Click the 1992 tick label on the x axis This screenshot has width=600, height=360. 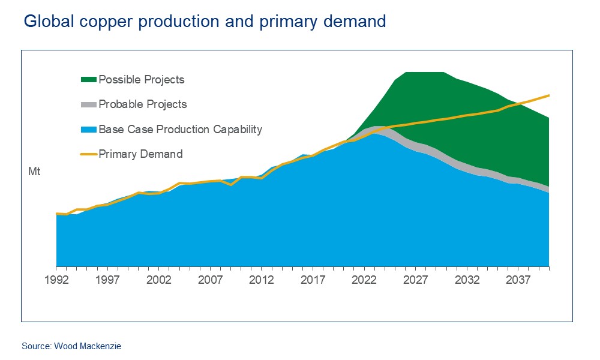pyautogui.click(x=56, y=280)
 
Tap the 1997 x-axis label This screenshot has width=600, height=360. pyautogui.click(x=107, y=280)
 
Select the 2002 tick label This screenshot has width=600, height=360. pyautogui.click(x=159, y=280)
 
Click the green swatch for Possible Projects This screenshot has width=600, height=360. pyautogui.click(x=88, y=79)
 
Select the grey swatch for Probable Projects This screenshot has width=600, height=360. pyautogui.click(x=88, y=104)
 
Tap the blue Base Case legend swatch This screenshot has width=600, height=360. pyautogui.click(x=88, y=130)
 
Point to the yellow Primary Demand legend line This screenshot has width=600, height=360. pyautogui.click(x=88, y=154)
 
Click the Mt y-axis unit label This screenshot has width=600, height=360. pyautogui.click(x=34, y=172)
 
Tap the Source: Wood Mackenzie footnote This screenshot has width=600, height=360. pyautogui.click(x=67, y=346)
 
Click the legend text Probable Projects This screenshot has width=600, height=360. pyautogui.click(x=143, y=104)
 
